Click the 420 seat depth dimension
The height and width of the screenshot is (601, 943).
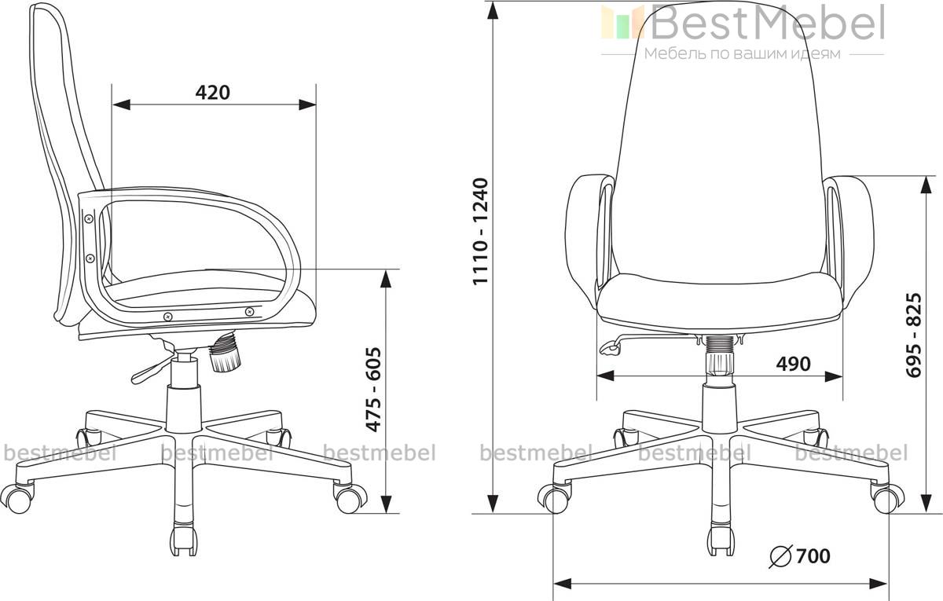(213, 93)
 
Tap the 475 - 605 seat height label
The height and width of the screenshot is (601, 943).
(373, 390)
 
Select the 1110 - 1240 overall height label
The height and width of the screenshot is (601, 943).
(480, 232)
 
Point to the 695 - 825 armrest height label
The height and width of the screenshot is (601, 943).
(913, 335)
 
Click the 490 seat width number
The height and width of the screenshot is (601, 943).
(793, 364)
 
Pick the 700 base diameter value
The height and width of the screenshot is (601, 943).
(813, 556)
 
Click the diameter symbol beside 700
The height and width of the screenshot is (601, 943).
(781, 556)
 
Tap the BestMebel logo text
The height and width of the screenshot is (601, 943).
(767, 22)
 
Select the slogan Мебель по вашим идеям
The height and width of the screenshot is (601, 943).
(743, 54)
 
